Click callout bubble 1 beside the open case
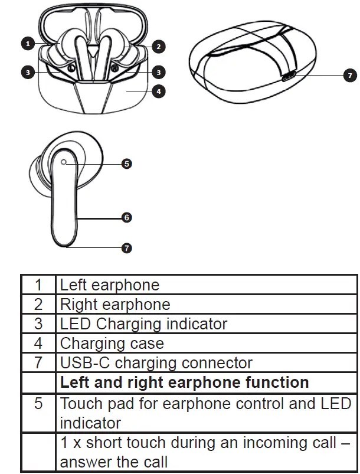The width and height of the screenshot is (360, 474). pyautogui.click(x=27, y=43)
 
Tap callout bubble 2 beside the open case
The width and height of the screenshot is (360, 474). pyautogui.click(x=158, y=46)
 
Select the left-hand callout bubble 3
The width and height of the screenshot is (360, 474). pyautogui.click(x=27, y=72)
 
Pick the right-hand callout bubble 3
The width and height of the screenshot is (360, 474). pyautogui.click(x=158, y=72)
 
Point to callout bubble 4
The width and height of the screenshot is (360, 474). pyautogui.click(x=158, y=91)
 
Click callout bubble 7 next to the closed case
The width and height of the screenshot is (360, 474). pyautogui.click(x=349, y=76)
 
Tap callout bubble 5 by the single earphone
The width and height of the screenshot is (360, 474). pyautogui.click(x=126, y=164)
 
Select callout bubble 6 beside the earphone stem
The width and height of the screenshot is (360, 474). pyautogui.click(x=126, y=217)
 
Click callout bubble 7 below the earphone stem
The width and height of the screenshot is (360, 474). pyautogui.click(x=126, y=248)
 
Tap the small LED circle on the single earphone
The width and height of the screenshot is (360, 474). pyautogui.click(x=63, y=162)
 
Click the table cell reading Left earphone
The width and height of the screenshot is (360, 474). pyautogui.click(x=110, y=285)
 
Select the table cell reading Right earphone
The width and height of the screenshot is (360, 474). pyautogui.click(x=115, y=305)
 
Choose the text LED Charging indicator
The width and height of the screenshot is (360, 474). pyautogui.click(x=143, y=323)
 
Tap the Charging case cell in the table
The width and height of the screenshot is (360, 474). pyautogui.click(x=112, y=343)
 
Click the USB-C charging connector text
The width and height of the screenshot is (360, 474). pyautogui.click(x=156, y=362)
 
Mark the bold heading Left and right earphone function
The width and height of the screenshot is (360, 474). pyautogui.click(x=184, y=382)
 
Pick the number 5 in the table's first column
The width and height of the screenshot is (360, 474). pyautogui.click(x=38, y=404)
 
